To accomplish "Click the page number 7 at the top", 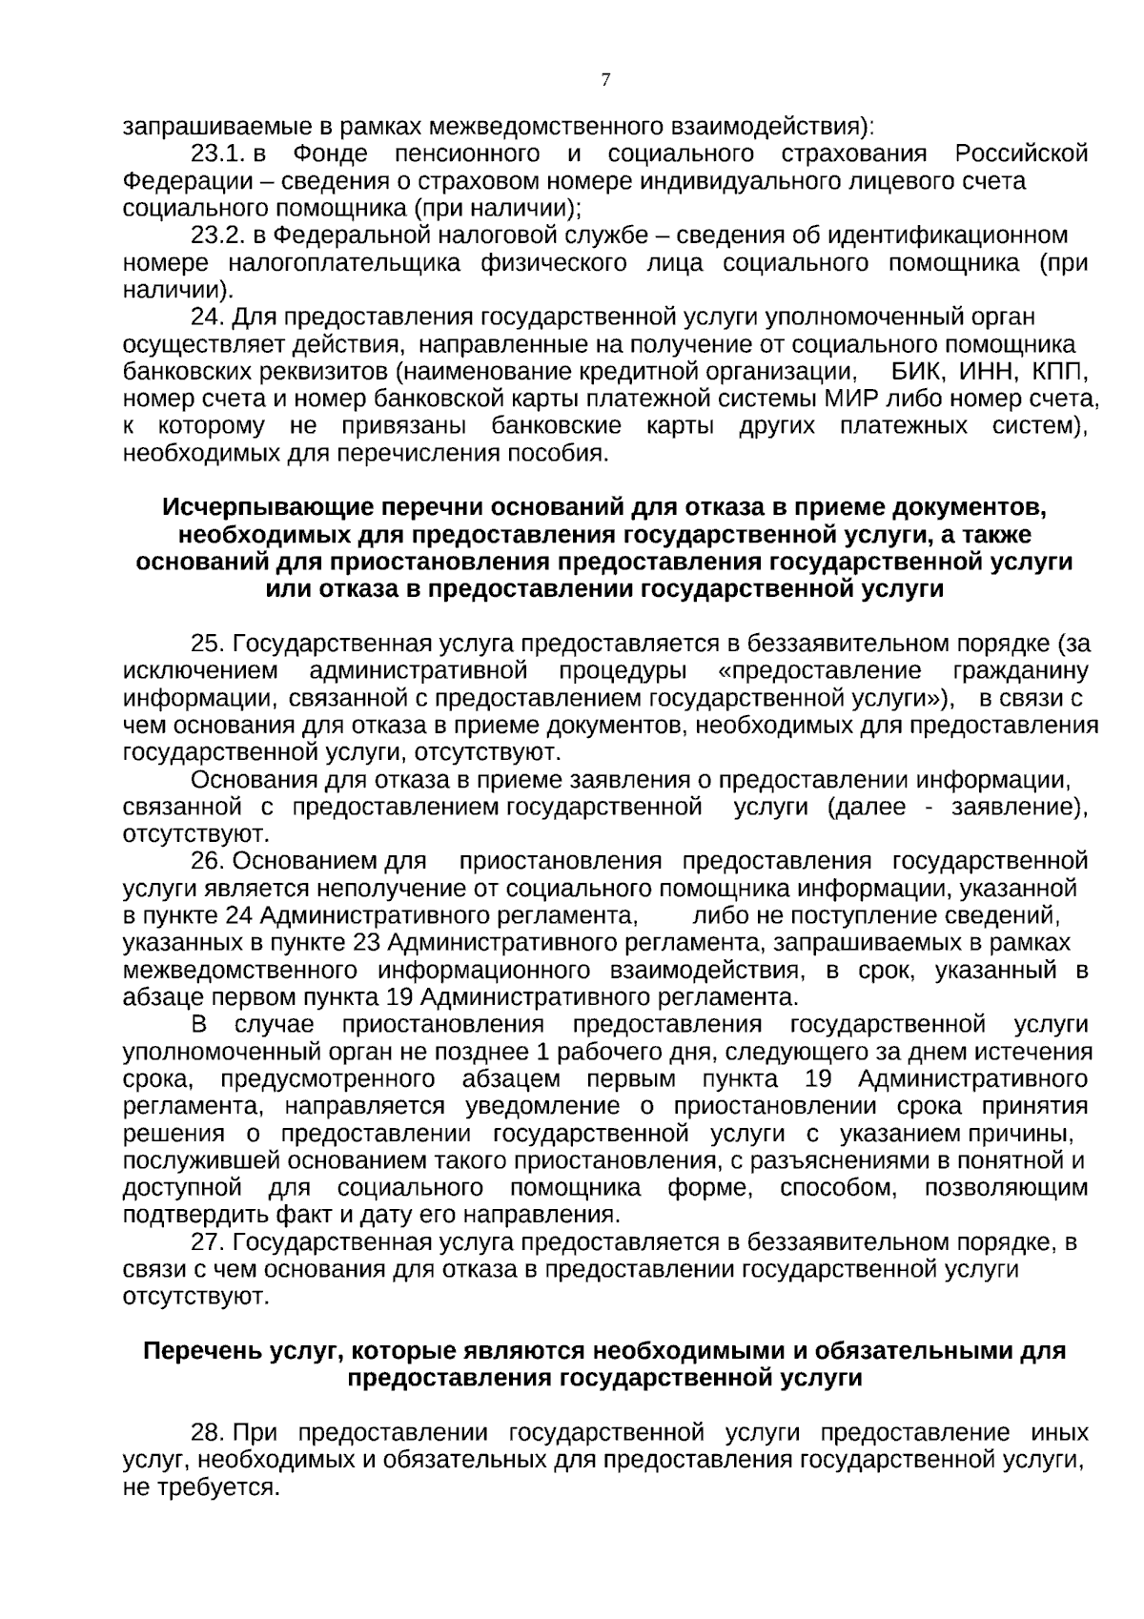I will (605, 80).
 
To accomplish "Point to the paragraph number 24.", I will (207, 317).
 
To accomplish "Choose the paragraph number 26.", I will (207, 861).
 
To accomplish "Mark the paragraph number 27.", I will (207, 1242).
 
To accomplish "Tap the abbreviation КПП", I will (1060, 371).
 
